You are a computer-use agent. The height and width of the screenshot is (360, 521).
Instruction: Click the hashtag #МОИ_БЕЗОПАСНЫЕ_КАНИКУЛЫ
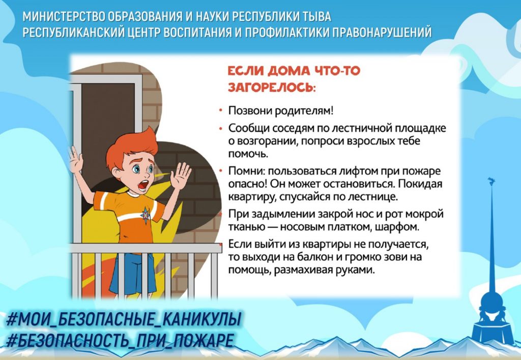[x=123, y=319]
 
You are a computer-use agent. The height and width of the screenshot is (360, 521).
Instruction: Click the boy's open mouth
[x=143, y=185]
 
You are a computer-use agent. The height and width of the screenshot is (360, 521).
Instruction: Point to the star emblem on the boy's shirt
[x=146, y=215]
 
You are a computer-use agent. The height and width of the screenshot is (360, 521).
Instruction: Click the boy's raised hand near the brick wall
[x=181, y=175]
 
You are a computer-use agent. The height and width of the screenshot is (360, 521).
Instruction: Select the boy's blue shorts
[x=132, y=274]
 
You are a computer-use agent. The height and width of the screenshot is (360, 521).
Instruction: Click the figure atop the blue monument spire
[x=491, y=182]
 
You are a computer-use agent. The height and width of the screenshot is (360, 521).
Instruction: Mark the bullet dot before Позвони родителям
[x=220, y=110]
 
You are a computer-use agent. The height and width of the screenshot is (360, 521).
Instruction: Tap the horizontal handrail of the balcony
[x=146, y=248]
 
